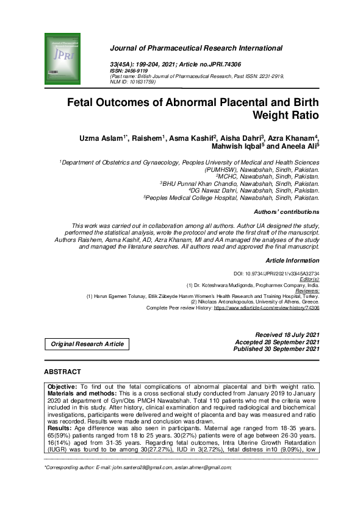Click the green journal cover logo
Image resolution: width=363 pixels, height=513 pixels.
[62, 54]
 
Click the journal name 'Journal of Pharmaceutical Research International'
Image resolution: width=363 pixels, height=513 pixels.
[196, 48]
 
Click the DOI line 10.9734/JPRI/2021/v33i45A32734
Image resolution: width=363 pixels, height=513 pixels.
[277, 274]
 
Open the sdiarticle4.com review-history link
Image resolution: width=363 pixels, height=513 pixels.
[266, 308]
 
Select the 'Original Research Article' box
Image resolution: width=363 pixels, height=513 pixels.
[87, 344]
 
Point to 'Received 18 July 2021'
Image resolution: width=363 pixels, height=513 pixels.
[287, 335]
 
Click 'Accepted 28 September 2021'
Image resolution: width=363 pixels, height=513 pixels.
[277, 342]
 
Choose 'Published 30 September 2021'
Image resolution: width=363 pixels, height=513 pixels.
[276, 348]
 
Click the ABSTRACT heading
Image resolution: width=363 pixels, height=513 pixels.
[62, 372]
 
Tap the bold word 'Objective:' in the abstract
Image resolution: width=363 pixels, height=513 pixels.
[62, 386]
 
